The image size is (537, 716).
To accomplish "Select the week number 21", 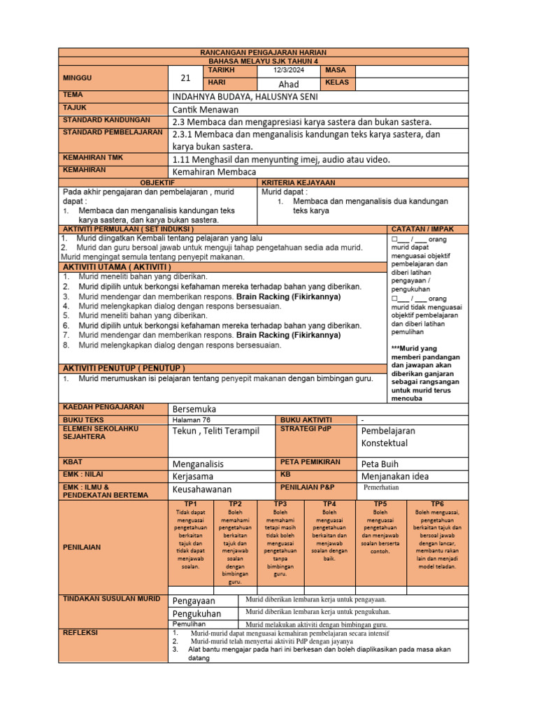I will point(185,78).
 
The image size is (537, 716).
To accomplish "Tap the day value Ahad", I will point(289,84).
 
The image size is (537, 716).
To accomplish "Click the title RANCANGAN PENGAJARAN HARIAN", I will point(263,53).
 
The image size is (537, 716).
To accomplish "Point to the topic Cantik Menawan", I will point(205,109).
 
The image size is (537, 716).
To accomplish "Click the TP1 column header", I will point(190,503).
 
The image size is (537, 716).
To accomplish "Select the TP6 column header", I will point(437,503).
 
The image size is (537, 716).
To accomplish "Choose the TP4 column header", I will point(329,503).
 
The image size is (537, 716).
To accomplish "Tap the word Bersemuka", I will point(194,408).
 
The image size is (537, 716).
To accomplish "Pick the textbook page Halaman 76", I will point(191,420).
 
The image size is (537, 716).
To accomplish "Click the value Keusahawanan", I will point(202,489).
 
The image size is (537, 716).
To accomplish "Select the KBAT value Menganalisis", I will point(198,463).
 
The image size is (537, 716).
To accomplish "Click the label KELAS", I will point(337,83).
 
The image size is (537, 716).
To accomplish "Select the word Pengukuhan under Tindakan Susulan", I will point(196,613).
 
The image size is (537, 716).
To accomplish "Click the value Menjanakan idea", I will point(396,476).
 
